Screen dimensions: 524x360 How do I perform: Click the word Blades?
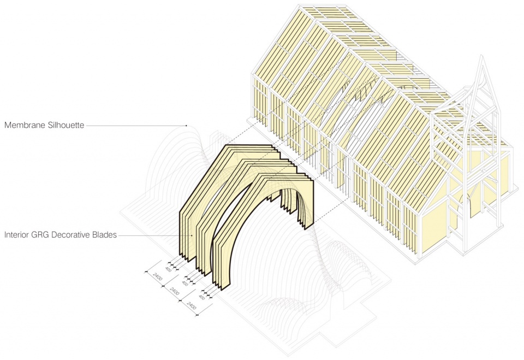coord(105,235)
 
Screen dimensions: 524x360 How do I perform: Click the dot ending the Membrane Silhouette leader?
coord(186,126)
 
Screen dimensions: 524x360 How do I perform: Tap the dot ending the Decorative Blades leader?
coord(192,235)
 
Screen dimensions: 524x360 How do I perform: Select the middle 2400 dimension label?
coord(175,291)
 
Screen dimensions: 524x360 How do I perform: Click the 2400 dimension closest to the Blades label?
coord(157,276)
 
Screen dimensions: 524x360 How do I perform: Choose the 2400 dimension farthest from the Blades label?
coord(191,305)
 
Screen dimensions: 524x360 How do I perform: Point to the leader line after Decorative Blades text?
coord(155,235)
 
